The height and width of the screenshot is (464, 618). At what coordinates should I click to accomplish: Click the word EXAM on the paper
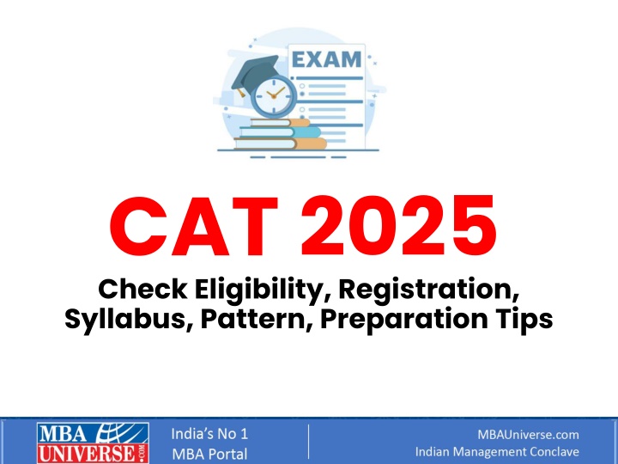coord(327,59)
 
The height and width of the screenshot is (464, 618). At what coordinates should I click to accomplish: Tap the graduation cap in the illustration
coord(255,76)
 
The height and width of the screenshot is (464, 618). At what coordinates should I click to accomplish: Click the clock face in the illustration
coord(274,96)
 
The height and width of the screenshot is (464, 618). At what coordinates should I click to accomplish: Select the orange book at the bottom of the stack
coord(280,143)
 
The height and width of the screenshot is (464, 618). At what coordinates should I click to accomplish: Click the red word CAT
coord(194,226)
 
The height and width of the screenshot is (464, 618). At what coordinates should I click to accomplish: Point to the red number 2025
coord(398,226)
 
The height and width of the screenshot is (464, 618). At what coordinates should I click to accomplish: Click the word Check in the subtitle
coord(142,290)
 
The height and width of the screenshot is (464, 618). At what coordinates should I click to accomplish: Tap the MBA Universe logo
coord(93,443)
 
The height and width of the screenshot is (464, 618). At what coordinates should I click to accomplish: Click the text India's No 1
coord(209,434)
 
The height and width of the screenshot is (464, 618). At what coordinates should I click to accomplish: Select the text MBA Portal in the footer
coord(209,454)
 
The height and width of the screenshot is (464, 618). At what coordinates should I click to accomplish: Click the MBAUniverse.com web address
coord(528,435)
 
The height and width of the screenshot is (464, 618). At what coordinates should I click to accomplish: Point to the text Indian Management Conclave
coord(497,452)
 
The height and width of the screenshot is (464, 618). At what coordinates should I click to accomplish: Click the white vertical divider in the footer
coord(309,442)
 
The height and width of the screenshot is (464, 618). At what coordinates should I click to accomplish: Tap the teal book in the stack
coord(280,131)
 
